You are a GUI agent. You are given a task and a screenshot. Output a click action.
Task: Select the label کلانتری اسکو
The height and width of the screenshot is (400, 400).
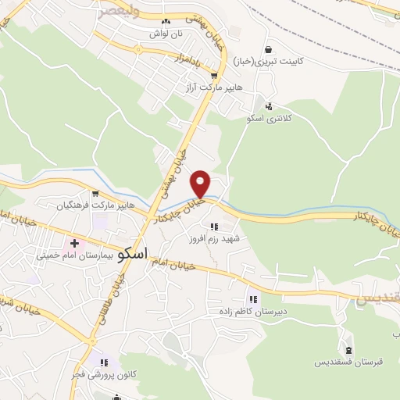point(269,118)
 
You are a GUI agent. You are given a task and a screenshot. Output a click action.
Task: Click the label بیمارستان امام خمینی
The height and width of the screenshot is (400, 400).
point(75,255)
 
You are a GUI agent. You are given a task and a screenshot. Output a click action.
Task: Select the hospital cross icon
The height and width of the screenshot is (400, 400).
point(74,244)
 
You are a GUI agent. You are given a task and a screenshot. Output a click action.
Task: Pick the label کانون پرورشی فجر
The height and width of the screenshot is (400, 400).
point(105,375)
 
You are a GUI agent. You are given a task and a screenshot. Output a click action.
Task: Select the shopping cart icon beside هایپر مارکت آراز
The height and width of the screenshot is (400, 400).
point(214,77)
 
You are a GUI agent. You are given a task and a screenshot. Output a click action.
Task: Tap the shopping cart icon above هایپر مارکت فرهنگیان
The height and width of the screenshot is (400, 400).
point(95,194)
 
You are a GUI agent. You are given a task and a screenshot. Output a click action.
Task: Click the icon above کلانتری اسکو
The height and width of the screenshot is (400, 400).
point(270,106)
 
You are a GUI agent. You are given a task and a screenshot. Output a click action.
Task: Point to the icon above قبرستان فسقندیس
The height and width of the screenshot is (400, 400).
point(348,350)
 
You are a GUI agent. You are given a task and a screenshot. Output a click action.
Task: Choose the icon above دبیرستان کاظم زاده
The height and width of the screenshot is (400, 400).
point(253,298)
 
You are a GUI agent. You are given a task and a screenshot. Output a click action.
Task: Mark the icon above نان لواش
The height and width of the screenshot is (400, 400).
point(166,22)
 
